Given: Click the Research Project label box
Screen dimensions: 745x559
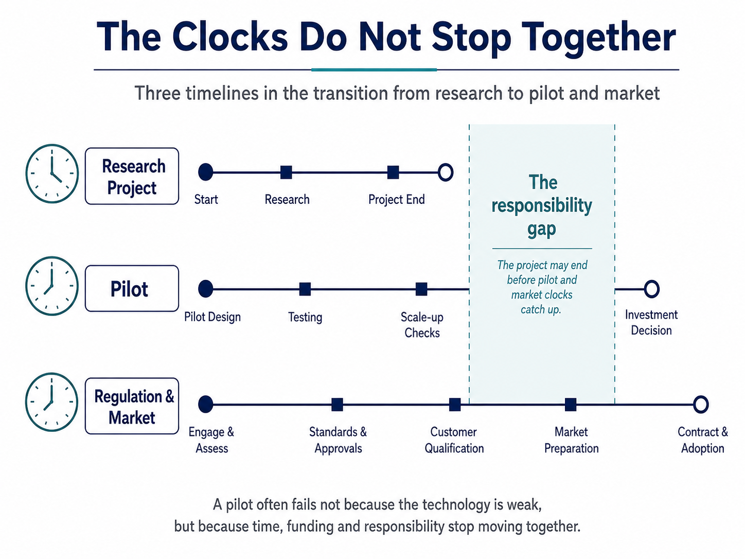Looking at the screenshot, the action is (x=132, y=176).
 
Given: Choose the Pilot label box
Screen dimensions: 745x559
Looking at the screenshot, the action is (x=132, y=288).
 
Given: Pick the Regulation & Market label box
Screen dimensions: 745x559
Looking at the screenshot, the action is (x=132, y=406).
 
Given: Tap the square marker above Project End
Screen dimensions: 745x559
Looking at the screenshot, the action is (x=393, y=172).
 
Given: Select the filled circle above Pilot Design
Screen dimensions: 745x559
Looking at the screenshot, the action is (x=206, y=289).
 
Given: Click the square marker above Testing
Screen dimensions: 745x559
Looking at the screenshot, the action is (x=305, y=289).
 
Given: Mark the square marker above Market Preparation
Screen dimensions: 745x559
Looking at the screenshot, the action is (x=571, y=405).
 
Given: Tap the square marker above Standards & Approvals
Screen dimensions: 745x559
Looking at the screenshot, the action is (x=337, y=405).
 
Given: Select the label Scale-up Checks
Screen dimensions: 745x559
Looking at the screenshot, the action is (x=422, y=325).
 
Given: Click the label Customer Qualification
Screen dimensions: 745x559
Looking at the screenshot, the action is (x=454, y=440).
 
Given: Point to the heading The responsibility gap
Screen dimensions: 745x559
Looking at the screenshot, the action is (x=542, y=206).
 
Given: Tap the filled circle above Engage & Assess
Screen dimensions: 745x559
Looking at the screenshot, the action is (x=206, y=404).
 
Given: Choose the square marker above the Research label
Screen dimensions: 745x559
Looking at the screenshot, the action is (x=286, y=172).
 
